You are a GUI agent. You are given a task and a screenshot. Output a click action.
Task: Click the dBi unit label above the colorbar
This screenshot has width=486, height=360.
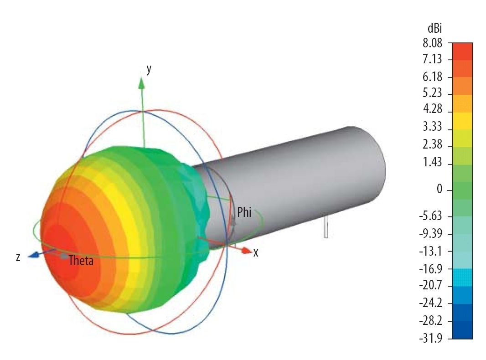(434, 29)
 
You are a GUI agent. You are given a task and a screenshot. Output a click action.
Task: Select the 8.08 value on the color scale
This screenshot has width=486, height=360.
(432, 43)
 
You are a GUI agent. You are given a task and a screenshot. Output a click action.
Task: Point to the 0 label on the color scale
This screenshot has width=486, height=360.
(439, 189)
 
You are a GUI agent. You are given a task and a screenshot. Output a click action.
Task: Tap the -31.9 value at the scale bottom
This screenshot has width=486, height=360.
(430, 338)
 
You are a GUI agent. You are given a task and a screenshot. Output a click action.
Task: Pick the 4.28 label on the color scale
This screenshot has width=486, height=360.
(432, 109)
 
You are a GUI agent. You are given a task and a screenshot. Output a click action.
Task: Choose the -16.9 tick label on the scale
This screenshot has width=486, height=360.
(430, 268)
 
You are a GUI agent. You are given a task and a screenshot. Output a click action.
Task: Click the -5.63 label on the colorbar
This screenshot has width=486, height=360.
(430, 216)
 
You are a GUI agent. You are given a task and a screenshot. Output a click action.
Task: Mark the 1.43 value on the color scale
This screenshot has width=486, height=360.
(432, 162)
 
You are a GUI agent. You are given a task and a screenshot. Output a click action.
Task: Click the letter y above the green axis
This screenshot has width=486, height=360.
(149, 69)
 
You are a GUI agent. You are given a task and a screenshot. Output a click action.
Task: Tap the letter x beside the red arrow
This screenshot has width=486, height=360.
(256, 253)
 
